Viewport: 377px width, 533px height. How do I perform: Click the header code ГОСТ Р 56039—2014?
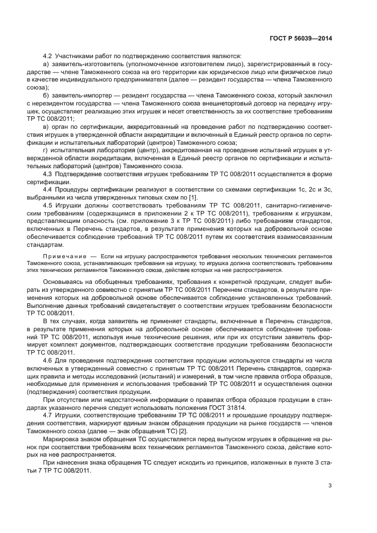point(301,39)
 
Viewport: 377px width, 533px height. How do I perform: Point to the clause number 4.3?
point(48,172)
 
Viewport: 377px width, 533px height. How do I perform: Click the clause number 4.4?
point(48,188)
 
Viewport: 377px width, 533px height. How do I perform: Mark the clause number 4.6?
point(48,360)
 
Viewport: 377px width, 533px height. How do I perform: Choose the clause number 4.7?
point(48,415)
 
